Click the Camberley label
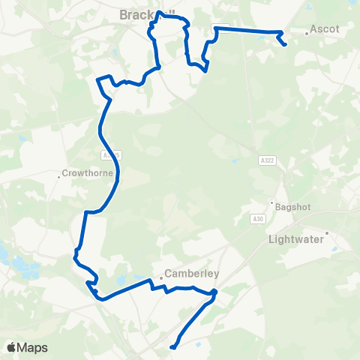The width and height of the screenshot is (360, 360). tap(191, 274)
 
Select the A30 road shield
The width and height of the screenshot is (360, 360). tap(257, 218)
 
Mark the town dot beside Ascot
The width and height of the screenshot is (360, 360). tap(307, 34)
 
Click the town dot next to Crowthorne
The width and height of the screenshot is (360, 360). tap(59, 177)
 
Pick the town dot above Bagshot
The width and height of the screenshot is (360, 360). tap(272, 201)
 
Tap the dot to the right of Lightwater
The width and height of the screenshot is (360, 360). tap(327, 232)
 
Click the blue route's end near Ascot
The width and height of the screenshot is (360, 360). tap(286, 45)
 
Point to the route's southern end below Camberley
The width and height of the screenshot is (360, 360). tap(172, 347)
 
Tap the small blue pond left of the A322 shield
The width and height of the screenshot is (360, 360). tap(235, 161)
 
